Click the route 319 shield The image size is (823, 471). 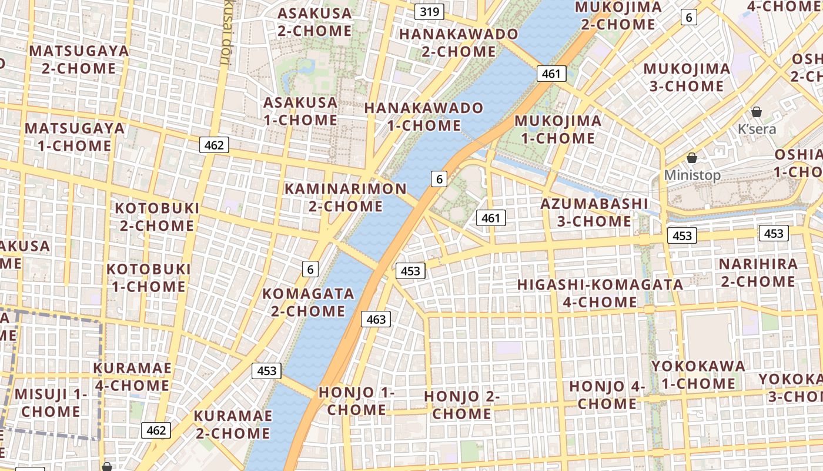click(429, 11)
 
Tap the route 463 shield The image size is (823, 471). click(376, 319)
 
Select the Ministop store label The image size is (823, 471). click(692, 175)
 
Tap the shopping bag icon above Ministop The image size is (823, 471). click(692, 158)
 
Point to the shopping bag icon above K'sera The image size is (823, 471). click(757, 112)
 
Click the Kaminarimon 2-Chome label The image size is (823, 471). click(346, 197)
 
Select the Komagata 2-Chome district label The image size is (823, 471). click(308, 302)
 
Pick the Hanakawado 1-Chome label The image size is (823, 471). click(423, 117)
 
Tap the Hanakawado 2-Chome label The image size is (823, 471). click(459, 42)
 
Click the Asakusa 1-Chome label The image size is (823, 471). click(300, 111)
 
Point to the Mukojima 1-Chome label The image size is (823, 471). click(558, 130)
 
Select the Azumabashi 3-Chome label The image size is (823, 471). click(594, 213)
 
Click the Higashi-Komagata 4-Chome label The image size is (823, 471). click(600, 293)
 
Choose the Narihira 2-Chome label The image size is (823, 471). click(758, 273)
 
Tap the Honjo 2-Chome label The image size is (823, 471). click(462, 405)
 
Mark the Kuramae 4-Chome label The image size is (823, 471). click(132, 377)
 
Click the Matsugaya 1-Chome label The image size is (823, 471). click(75, 137)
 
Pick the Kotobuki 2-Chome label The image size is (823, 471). click(157, 217)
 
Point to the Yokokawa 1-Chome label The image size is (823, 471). click(698, 374)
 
